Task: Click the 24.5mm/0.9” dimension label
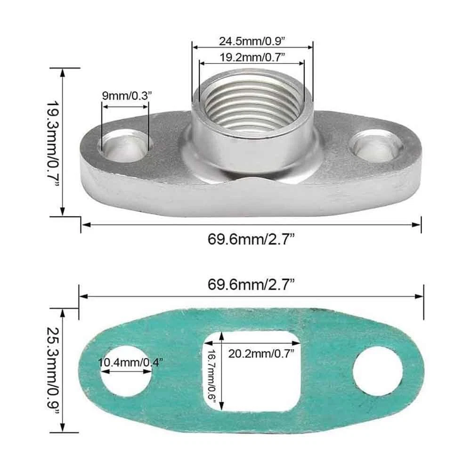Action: pyautogui.click(x=252, y=41)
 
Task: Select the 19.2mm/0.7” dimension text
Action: pyautogui.click(x=252, y=57)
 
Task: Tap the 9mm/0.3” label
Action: pyautogui.click(x=127, y=96)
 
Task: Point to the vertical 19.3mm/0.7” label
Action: pyautogui.click(x=53, y=143)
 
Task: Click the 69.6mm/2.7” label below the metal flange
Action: pyautogui.click(x=251, y=239)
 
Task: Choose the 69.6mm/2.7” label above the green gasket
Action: pyautogui.click(x=251, y=284)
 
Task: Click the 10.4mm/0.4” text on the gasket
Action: pyautogui.click(x=130, y=363)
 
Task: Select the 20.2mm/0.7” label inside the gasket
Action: pyautogui.click(x=261, y=354)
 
